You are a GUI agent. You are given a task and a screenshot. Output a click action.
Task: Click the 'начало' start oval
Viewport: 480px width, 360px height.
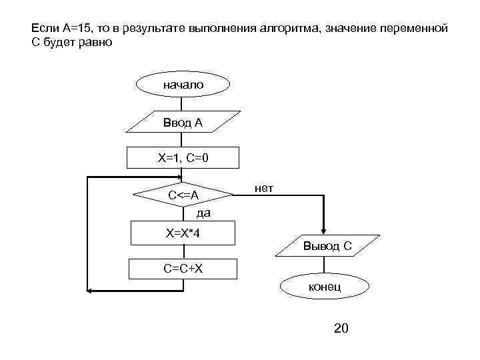pos(183,85)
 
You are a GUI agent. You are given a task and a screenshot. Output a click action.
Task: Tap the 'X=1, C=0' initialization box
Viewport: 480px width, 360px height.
pos(183,158)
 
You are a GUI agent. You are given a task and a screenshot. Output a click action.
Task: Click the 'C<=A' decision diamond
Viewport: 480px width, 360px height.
pos(183,195)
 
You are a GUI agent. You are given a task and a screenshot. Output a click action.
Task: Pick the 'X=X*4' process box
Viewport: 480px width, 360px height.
pos(183,233)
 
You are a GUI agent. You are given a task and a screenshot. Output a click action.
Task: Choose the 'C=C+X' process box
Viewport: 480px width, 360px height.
pos(183,269)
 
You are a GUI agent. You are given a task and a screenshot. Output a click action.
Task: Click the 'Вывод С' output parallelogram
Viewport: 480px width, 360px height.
pos(327,247)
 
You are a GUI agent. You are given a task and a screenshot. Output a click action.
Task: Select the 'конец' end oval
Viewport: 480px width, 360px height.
pos(324,286)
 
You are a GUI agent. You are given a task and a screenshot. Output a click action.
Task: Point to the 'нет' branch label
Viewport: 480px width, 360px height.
pos(263,189)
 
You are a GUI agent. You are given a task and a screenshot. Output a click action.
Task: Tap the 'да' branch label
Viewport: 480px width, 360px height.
pos(203,214)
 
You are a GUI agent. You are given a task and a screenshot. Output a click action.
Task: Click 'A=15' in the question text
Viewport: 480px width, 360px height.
pos(75,30)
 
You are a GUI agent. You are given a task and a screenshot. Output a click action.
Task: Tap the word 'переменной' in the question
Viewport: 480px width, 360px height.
pos(419,30)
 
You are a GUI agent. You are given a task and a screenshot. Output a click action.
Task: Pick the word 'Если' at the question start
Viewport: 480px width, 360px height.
pos(42,30)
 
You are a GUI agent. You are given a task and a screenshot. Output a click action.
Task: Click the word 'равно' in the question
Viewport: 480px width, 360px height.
pos(98,43)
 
